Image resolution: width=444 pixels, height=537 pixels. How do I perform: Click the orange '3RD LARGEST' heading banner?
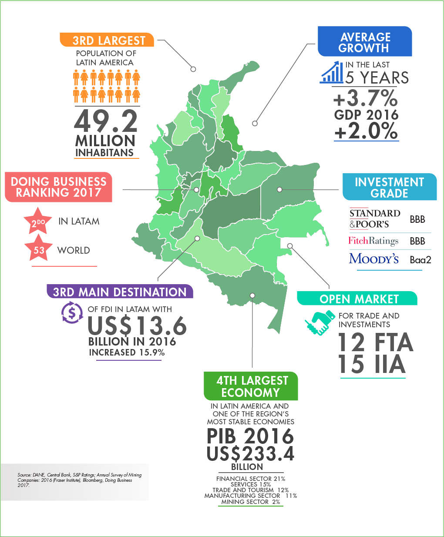pos(108,40)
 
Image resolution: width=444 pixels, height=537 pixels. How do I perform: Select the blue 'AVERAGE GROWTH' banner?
pos(365,42)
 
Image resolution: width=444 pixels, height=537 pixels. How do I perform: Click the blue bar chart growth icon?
pos(331,72)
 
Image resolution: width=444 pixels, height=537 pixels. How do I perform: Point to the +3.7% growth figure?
pos(365,98)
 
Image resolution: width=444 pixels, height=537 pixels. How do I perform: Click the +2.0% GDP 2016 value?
pos(366,131)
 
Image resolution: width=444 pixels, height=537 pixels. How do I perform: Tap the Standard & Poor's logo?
pos(375,219)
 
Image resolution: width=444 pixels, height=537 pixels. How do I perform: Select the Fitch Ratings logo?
pos(373,241)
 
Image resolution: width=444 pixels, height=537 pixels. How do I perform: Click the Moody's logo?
pos(373,258)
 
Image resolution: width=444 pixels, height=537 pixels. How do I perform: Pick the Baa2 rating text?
pos(420,260)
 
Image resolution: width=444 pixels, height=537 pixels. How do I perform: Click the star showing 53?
pos(39,249)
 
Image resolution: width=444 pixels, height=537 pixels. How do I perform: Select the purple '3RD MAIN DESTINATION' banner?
pos(120,292)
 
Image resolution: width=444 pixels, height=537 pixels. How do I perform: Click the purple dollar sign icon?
pos(72,312)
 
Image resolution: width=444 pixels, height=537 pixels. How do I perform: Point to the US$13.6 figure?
pos(137,326)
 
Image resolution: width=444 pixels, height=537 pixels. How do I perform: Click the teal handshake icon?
pos(320,322)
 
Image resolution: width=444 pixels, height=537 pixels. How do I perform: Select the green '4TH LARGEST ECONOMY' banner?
pos(251,386)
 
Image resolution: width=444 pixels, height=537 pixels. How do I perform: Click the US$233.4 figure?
pos(250,453)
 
